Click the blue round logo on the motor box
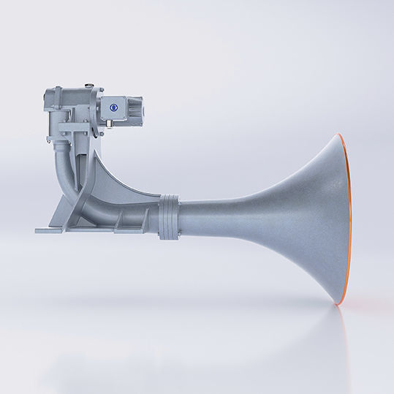tap(115, 106)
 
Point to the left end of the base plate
tap(39, 230)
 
